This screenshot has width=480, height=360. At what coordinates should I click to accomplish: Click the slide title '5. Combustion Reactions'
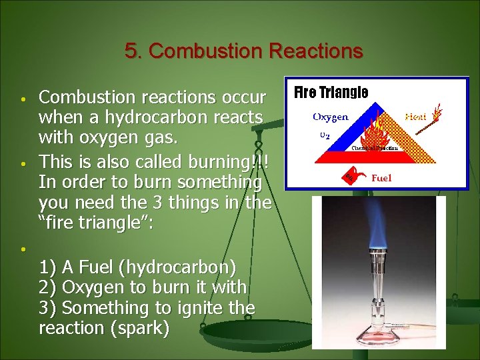(243, 51)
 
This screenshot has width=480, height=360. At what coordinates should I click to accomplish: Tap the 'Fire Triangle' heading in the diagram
(331, 93)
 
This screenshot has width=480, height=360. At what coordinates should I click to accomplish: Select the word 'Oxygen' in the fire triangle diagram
(331, 117)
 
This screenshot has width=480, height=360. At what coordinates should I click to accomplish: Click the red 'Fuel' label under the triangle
(381, 178)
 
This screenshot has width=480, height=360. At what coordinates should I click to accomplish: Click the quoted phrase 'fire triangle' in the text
(96, 223)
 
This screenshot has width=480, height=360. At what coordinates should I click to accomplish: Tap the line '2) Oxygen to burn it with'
(143, 287)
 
